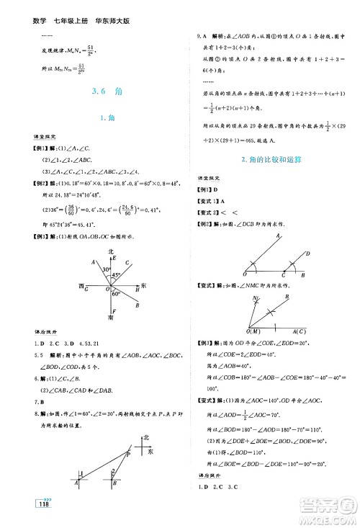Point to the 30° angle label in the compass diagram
(x=103, y=268)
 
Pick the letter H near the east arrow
(x=137, y=290)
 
